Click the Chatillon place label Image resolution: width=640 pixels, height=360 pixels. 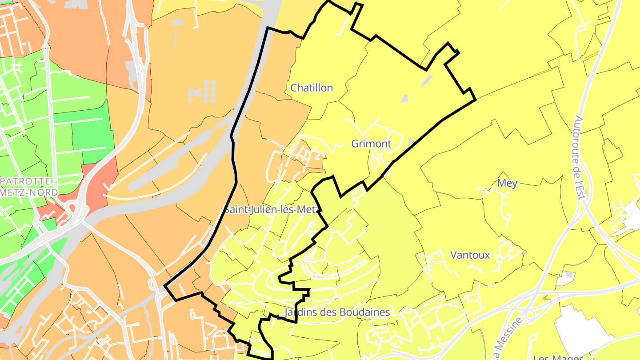click(312, 88)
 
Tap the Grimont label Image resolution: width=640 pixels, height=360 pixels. click(371, 144)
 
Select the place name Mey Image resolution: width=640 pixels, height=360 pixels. click(507, 183)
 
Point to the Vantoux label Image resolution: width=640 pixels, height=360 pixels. click(470, 255)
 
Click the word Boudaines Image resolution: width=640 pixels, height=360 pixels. click(364, 312)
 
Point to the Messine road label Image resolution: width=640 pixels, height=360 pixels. click(507, 342)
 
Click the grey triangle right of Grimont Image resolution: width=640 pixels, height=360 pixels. click(410, 142)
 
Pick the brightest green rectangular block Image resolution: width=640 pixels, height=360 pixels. click(92, 136)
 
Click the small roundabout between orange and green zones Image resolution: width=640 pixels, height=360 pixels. click(45, 47)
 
